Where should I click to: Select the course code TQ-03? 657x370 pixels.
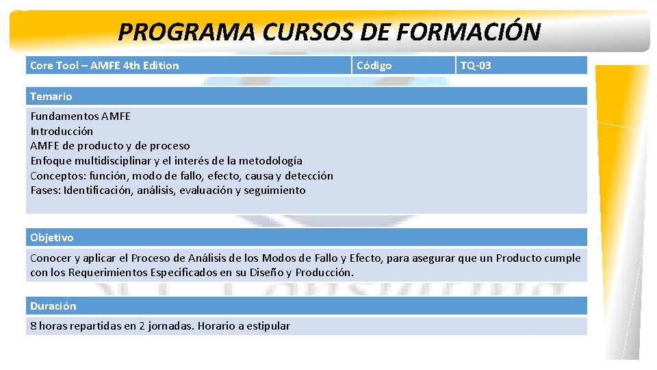click(x=476, y=66)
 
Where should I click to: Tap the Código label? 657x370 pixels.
click(x=374, y=66)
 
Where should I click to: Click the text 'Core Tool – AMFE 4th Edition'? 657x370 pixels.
click(x=105, y=66)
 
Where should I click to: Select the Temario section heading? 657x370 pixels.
click(x=51, y=97)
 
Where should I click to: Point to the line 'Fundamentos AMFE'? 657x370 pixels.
click(x=80, y=116)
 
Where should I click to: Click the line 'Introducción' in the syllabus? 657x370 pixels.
click(x=62, y=131)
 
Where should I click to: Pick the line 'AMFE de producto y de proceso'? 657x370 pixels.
click(x=110, y=145)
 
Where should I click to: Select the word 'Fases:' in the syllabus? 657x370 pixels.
click(x=45, y=190)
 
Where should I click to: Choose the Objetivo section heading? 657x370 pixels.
click(x=51, y=238)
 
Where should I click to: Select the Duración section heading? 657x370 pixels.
click(x=53, y=306)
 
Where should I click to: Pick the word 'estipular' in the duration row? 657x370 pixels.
click(x=268, y=326)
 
